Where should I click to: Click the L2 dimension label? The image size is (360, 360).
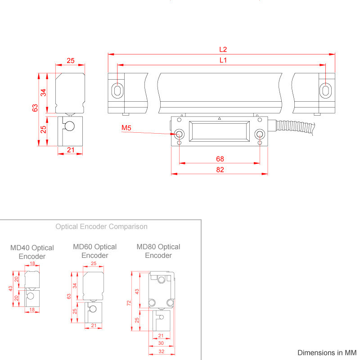223,49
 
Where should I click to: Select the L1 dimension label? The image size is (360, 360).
223,60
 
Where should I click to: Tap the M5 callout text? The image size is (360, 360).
126,129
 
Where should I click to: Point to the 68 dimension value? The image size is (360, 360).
220,159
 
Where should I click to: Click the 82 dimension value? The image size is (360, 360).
220,170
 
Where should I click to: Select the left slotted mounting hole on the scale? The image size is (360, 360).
117,90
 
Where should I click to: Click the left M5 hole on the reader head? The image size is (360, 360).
180,134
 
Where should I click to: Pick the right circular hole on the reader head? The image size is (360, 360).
259,134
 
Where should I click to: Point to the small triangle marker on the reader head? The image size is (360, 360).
219,119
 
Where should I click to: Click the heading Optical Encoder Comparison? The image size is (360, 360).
101,226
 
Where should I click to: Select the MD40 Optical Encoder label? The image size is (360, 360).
32,252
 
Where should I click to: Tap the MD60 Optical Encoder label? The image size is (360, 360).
94,251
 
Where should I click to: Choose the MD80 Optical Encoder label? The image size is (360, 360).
158,251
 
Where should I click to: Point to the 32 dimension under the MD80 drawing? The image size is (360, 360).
161,352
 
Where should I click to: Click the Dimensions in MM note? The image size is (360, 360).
327,352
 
